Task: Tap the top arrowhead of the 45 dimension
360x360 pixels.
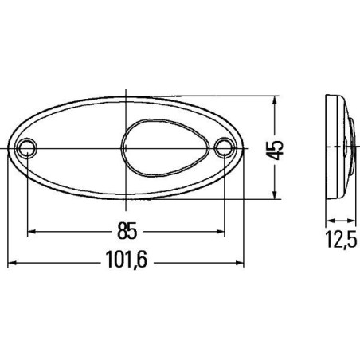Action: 275,102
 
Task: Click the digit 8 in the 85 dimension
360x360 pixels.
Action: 120,232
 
